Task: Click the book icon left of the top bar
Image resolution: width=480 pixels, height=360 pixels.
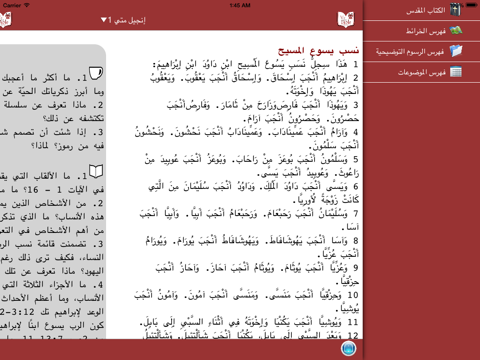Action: (x=10, y=19)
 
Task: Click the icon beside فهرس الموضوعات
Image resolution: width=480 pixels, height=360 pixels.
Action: (x=456, y=71)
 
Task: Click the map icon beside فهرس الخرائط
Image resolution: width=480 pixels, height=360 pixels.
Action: (x=456, y=29)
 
